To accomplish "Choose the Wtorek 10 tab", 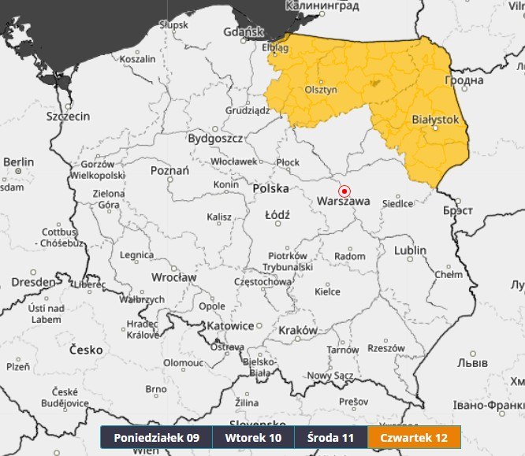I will (253, 437).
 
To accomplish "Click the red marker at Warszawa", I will (344, 191).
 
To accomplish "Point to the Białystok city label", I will (435, 119).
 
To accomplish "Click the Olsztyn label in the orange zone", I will (321, 90).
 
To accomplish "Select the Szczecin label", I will (68, 116).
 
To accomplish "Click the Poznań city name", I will (169, 170).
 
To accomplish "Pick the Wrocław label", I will (175, 277).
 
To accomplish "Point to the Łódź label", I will (277, 214).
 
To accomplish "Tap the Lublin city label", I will (410, 250).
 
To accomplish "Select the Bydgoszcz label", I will (214, 138).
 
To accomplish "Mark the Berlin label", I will (19, 161).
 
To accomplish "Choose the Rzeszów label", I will (385, 347).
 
